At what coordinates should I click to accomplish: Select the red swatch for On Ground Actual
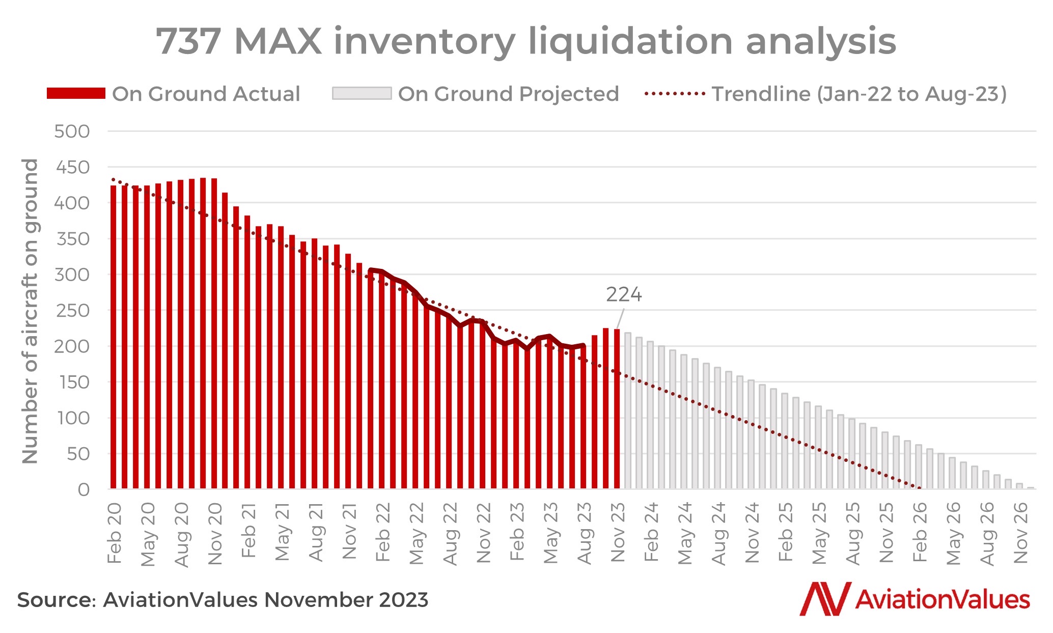(x=76, y=93)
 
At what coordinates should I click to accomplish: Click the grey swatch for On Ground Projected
(x=362, y=93)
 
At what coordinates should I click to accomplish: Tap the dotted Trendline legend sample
(x=675, y=94)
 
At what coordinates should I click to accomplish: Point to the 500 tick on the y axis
(x=72, y=131)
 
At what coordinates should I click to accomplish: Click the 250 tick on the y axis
(x=72, y=311)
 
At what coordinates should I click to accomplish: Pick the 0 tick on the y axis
(x=84, y=489)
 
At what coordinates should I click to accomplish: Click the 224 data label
(x=624, y=295)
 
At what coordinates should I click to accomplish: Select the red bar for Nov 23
(x=617, y=409)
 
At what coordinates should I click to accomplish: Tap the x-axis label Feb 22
(x=383, y=532)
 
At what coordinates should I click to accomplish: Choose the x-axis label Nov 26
(x=1021, y=532)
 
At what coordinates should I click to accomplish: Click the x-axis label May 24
(x=685, y=534)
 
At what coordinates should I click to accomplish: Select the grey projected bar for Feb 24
(x=650, y=415)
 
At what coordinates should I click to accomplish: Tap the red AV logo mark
(x=825, y=599)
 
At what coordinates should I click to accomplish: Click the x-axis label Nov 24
(x=752, y=532)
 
